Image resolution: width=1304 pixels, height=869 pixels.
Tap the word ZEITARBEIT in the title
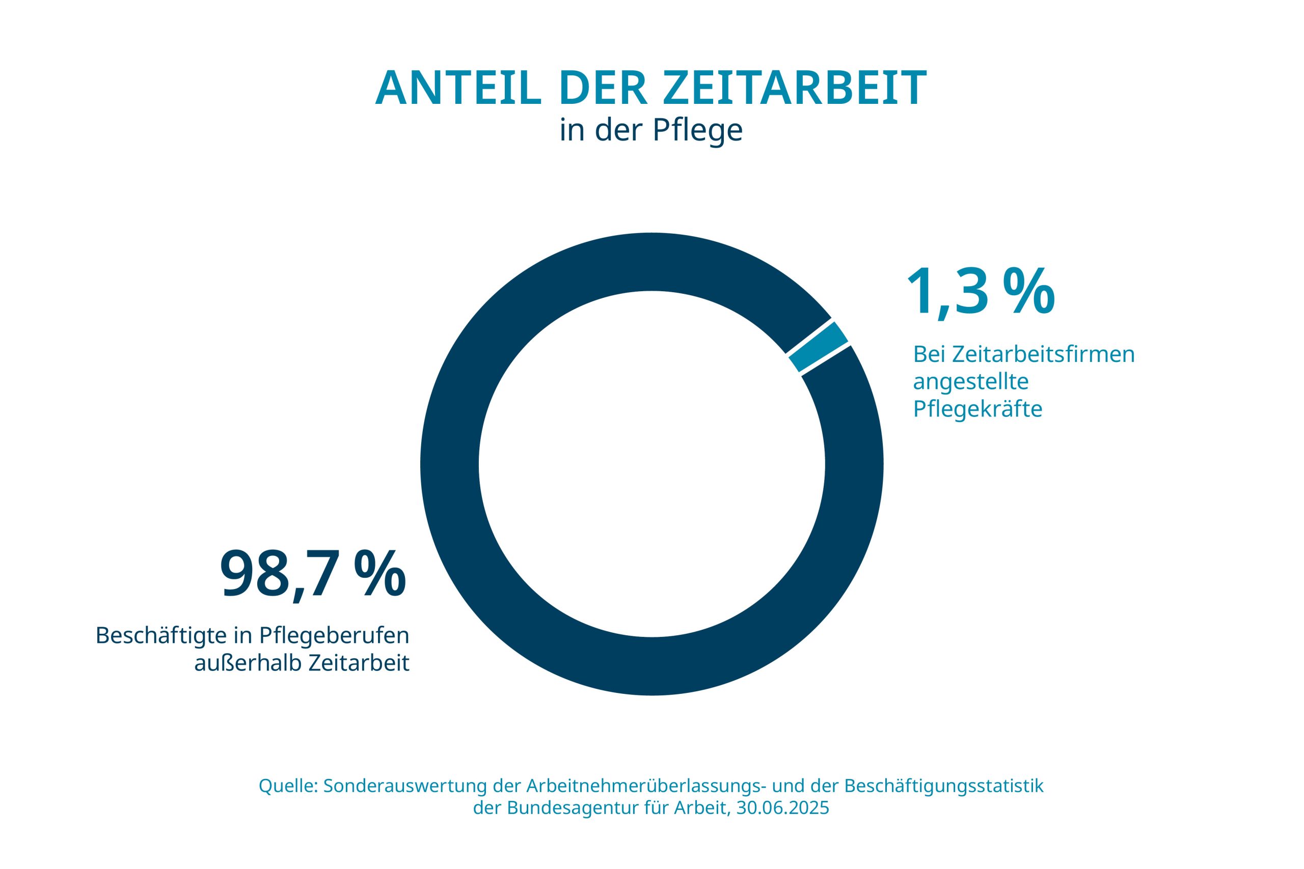click(795, 89)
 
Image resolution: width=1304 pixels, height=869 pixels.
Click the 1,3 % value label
click(980, 292)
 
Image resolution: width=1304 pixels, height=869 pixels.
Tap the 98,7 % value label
click(313, 574)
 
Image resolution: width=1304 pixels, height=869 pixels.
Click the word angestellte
click(971, 381)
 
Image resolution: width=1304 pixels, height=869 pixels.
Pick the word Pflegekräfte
click(977, 408)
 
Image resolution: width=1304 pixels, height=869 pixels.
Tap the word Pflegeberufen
click(334, 635)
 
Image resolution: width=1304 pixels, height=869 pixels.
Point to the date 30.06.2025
click(782, 808)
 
